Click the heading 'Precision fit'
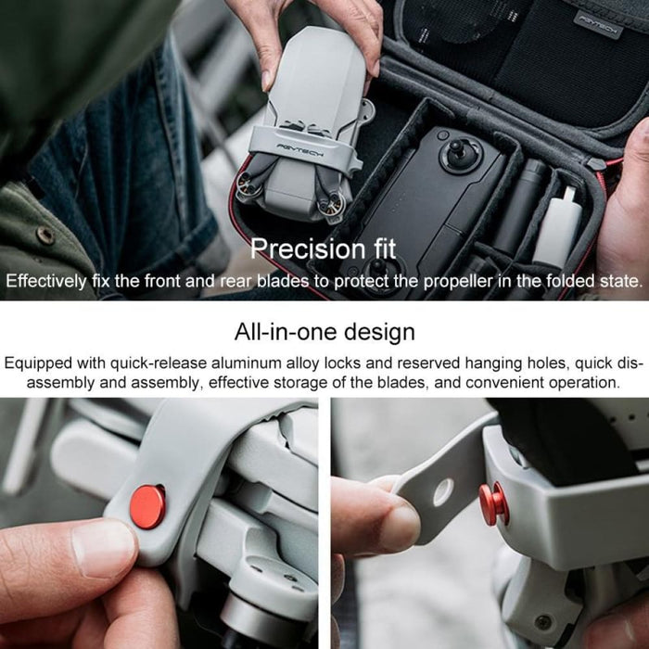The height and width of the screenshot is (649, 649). [x=324, y=248]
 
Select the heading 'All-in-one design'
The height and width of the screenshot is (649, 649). [x=324, y=331]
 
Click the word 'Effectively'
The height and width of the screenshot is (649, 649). [x=50, y=281]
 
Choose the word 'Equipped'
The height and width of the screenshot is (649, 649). [x=39, y=363]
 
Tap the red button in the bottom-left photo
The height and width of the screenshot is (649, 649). [x=148, y=506]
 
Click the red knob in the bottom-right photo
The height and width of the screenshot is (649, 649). [x=493, y=502]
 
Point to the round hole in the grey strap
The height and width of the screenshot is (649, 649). [x=443, y=491]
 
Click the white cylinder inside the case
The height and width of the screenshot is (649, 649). [x=558, y=227]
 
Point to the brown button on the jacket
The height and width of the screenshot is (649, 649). [x=44, y=235]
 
